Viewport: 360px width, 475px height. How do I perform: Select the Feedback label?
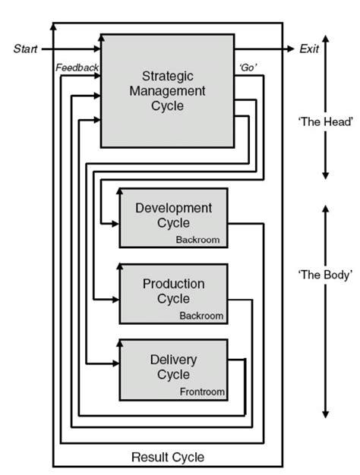(x=77, y=68)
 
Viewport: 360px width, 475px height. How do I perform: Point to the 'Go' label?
(x=248, y=68)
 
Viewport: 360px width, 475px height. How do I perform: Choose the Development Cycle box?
(x=173, y=218)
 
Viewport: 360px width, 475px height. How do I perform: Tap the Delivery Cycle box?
(x=173, y=369)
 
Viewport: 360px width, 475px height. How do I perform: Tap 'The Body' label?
(x=324, y=275)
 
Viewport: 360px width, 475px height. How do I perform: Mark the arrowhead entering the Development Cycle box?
(x=115, y=224)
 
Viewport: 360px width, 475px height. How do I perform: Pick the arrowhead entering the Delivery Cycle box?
(x=115, y=364)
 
